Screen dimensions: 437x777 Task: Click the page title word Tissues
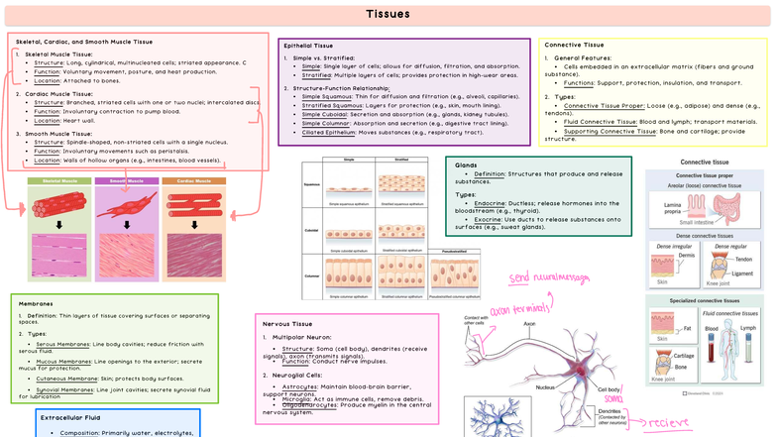[x=388, y=14]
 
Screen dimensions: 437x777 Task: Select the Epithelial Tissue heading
[x=308, y=46]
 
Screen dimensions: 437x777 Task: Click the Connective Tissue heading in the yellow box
[x=574, y=45]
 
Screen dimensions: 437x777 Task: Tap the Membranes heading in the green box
[x=36, y=303]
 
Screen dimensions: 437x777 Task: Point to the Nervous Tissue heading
[x=289, y=324]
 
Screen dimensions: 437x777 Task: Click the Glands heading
[x=466, y=164]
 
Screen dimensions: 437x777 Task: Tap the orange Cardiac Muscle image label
[x=193, y=181]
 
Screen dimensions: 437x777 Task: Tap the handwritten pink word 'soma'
[x=613, y=398]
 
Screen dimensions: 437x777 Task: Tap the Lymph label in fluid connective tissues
[x=747, y=327]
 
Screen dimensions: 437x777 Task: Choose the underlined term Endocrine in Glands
[x=491, y=202]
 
